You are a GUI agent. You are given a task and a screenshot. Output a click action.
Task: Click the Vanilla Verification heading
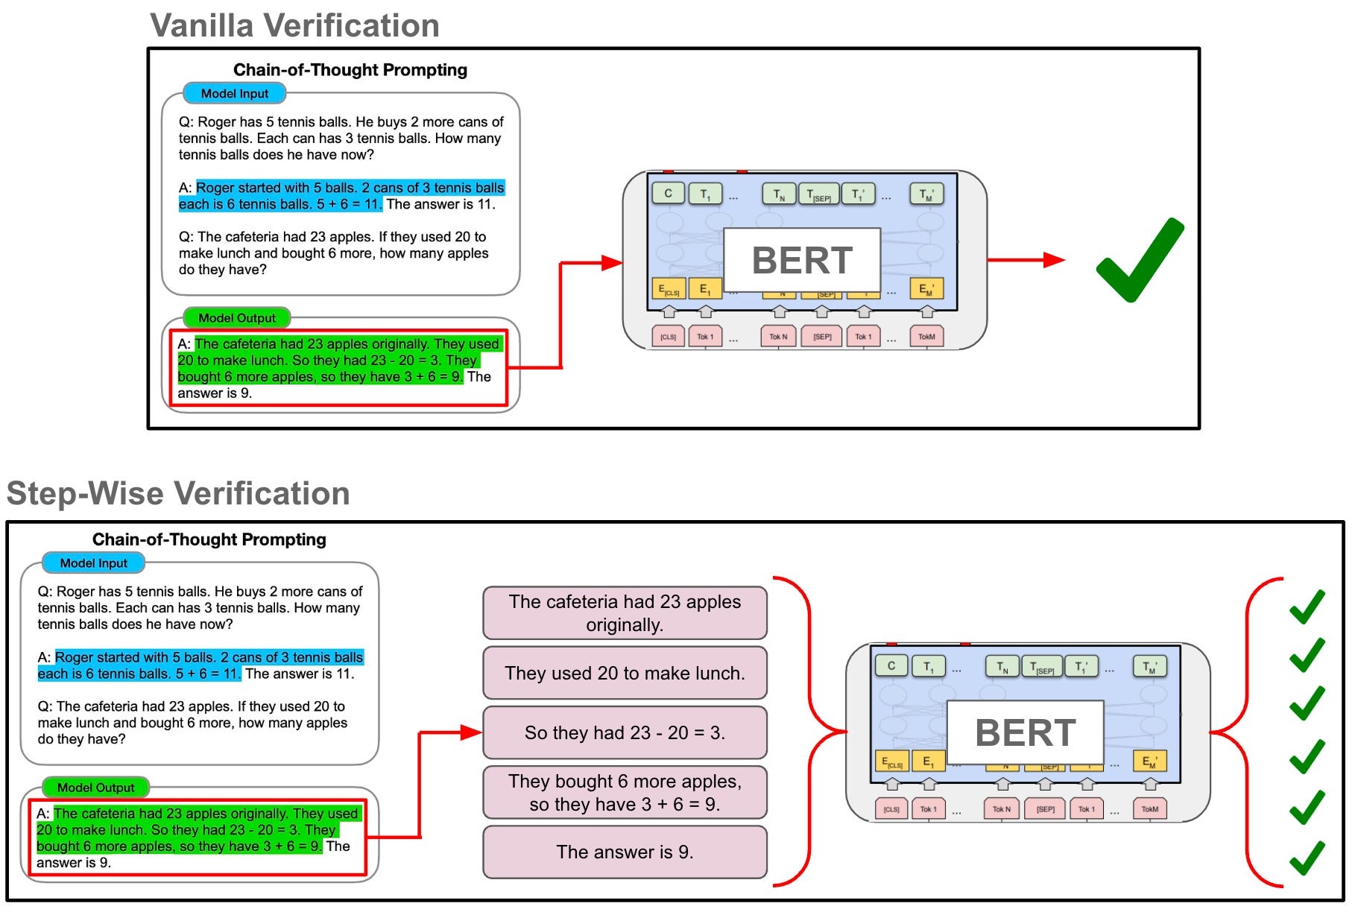[x=294, y=25]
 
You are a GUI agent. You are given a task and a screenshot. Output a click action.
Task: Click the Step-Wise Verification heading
[x=178, y=493]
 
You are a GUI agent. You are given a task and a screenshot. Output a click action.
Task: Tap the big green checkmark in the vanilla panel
[x=1139, y=261]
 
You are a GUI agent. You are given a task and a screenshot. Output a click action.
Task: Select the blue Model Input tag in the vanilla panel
[x=234, y=94]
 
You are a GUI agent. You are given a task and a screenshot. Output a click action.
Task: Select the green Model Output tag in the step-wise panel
[x=95, y=788]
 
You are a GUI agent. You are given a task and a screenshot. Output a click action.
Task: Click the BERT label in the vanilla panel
[x=801, y=260]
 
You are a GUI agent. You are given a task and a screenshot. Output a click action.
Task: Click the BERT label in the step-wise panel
[x=1025, y=732]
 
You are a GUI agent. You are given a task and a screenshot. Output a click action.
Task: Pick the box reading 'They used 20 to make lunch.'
[x=625, y=673]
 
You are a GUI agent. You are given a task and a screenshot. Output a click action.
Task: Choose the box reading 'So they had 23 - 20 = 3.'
[x=625, y=732]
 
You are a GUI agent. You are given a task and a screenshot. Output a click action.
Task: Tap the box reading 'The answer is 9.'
[x=625, y=852]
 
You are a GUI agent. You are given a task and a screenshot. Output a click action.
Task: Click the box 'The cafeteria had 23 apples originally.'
[x=625, y=612]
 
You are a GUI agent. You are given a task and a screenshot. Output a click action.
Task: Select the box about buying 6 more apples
[x=625, y=792]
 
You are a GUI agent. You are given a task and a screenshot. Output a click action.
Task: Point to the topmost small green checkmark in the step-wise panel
[x=1307, y=607]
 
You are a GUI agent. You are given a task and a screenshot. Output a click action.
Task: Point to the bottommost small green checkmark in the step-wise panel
[x=1307, y=858]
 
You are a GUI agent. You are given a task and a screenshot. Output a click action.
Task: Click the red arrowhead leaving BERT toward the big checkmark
[x=1054, y=260]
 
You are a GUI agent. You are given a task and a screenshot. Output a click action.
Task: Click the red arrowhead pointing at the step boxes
[x=471, y=732]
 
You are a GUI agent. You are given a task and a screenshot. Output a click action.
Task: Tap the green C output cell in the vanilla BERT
[x=668, y=194]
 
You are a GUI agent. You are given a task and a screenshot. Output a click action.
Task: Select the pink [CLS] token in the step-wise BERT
[x=891, y=809]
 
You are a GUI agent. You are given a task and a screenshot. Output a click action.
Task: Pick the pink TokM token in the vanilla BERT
[x=926, y=337]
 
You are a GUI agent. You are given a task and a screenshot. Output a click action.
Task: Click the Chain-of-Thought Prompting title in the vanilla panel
[x=350, y=70]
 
